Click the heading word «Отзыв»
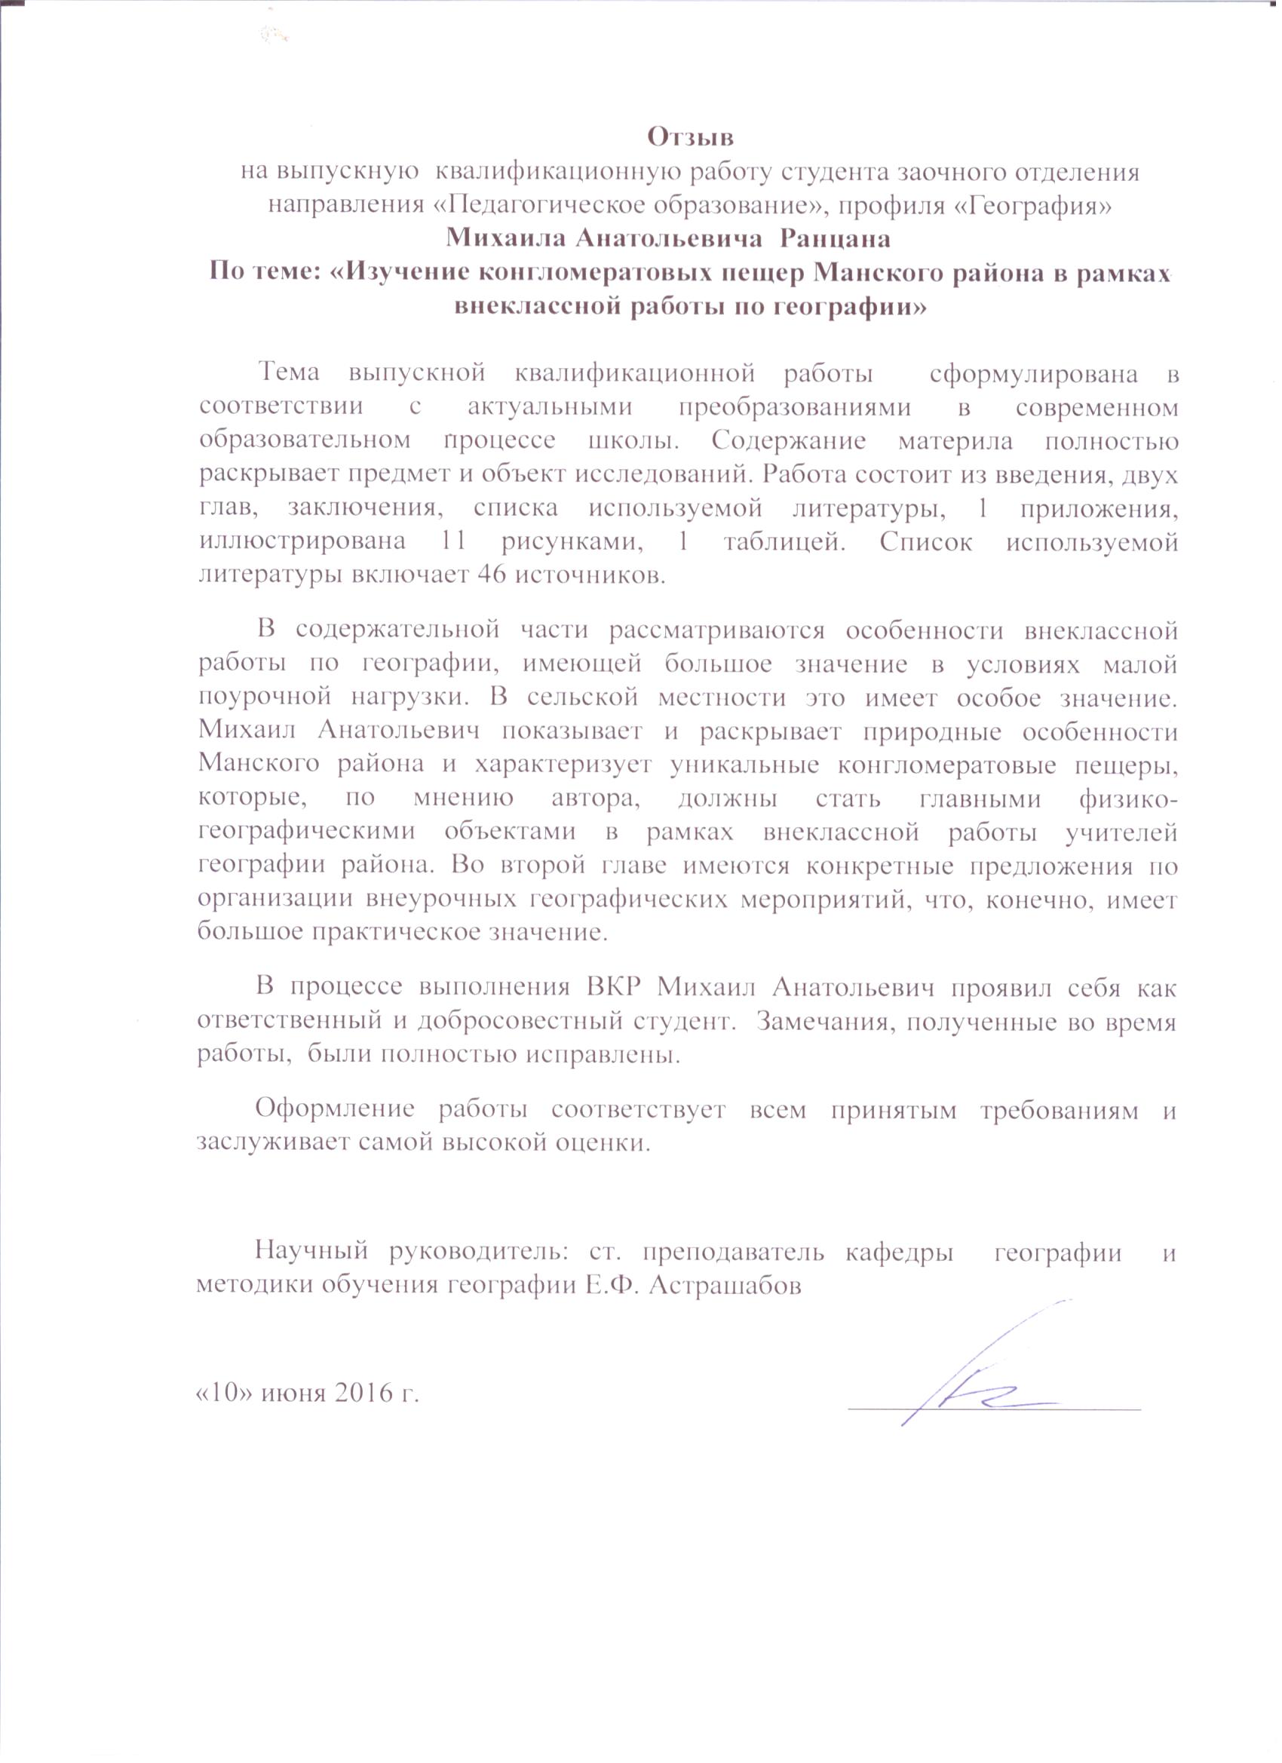point(691,137)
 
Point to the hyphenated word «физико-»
point(1127,799)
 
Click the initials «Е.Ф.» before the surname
point(612,1285)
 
